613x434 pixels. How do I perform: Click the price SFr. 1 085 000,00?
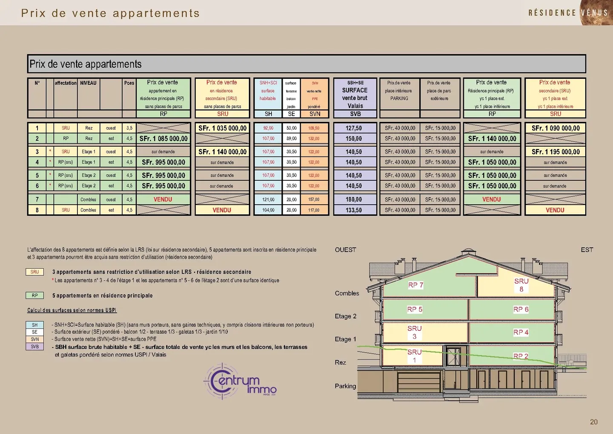click(x=163, y=139)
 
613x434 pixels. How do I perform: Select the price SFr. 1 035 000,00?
click(x=222, y=128)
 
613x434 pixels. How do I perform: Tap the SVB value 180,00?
click(x=354, y=200)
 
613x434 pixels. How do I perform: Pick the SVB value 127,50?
click(x=354, y=128)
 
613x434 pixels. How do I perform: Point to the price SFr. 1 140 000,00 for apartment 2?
click(x=492, y=139)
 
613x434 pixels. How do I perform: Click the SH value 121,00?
click(x=268, y=200)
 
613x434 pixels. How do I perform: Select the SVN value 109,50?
click(x=314, y=128)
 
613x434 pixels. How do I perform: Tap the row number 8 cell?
click(x=37, y=210)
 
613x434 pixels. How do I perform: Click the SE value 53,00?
click(x=291, y=128)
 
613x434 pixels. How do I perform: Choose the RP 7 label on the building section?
click(x=415, y=285)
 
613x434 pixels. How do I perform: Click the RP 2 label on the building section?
click(x=521, y=356)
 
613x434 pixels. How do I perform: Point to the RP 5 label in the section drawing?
click(x=415, y=310)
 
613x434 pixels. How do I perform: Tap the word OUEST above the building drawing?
click(x=345, y=250)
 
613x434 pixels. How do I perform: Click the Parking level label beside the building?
click(x=345, y=386)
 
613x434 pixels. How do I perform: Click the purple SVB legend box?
click(x=34, y=347)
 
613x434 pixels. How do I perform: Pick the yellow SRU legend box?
click(x=34, y=272)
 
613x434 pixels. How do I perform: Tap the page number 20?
click(x=593, y=422)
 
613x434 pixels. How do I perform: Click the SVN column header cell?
click(x=315, y=114)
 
